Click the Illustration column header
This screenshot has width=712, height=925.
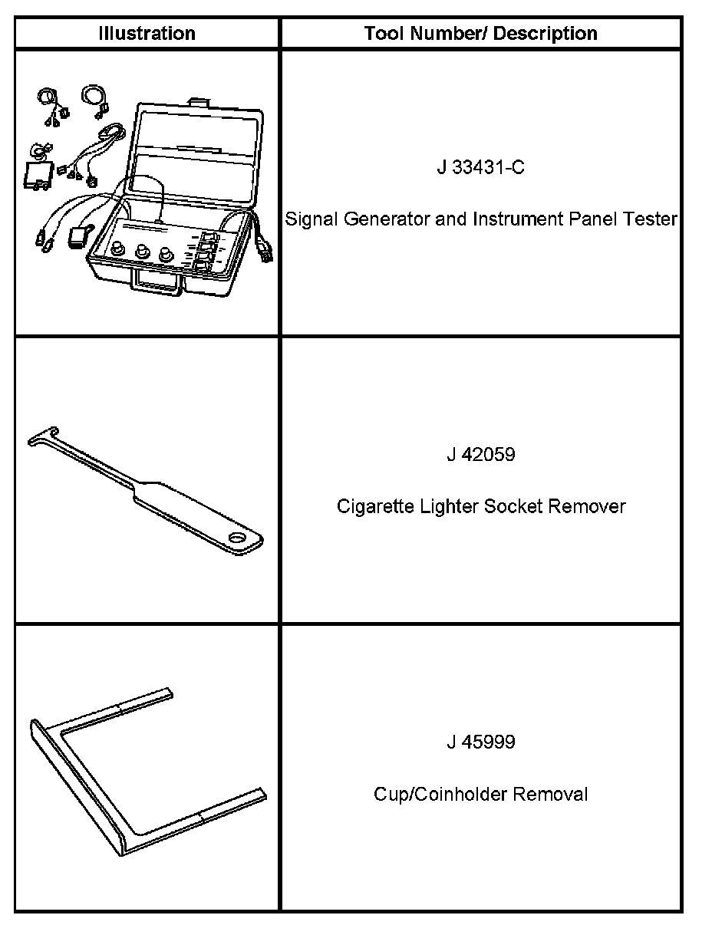coord(147,34)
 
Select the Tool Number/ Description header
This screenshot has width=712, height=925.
coord(480,34)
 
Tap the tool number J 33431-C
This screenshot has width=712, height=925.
coord(480,167)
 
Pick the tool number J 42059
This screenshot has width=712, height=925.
coord(480,455)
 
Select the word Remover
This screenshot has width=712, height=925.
coord(592,507)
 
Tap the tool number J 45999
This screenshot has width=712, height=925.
coord(480,742)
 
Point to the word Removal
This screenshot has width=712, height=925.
coord(551,795)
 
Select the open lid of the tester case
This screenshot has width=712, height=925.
coord(196,142)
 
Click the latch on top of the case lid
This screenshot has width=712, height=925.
coord(199,100)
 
